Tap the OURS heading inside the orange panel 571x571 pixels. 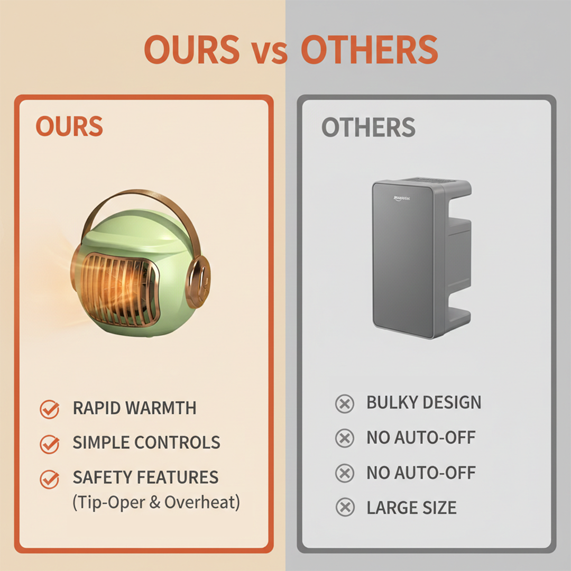[69, 127]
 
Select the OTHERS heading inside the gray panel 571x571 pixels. [369, 128]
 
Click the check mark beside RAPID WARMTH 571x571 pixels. [50, 409]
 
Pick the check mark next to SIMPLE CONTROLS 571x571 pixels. [50, 443]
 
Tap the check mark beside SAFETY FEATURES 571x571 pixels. [50, 478]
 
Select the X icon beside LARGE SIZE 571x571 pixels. [345, 508]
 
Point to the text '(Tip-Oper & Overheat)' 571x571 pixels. [156, 502]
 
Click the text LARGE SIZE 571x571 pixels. [411, 508]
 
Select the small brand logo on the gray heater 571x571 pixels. [406, 199]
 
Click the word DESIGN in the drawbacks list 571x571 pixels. [452, 403]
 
